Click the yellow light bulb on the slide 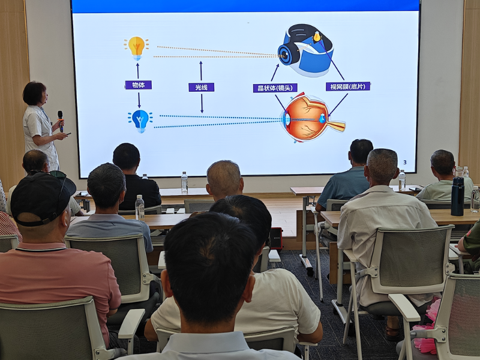click(137, 48)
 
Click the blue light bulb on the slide click(140, 121)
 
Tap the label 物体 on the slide click(139, 85)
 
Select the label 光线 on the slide click(201, 87)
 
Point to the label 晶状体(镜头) click(275, 88)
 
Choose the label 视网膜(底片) click(348, 86)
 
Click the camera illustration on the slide click(306, 50)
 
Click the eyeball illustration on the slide click(312, 118)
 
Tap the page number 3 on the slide click(405, 162)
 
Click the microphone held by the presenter click(61, 121)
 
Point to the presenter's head click(35, 93)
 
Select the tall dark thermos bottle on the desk click(457, 196)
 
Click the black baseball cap click(42, 198)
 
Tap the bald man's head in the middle click(224, 179)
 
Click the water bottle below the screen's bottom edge click(184, 182)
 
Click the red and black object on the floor click(276, 239)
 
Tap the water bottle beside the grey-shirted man click(140, 208)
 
